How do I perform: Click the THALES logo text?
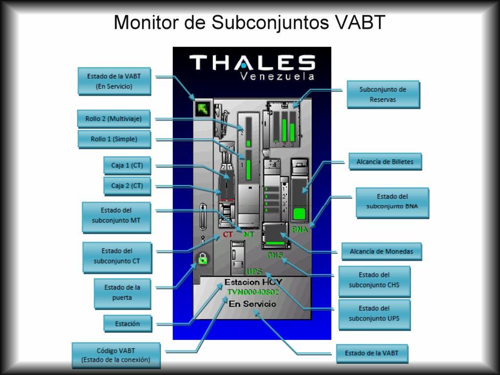[x=252, y=62]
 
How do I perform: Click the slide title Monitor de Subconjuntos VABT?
[x=250, y=22]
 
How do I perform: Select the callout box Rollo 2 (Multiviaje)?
[x=114, y=119]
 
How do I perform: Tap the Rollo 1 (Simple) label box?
[x=114, y=139]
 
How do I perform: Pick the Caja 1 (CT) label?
[x=127, y=166]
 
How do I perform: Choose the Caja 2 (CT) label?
[x=127, y=186]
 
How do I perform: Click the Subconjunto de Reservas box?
[x=383, y=94]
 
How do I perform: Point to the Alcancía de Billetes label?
[x=385, y=162]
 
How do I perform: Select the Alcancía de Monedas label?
[x=381, y=251]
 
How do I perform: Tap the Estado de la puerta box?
[x=122, y=292]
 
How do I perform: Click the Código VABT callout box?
[x=116, y=355]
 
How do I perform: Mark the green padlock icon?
[x=202, y=259]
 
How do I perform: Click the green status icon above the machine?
[x=201, y=109]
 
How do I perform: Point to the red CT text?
[x=228, y=235]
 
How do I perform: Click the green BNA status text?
[x=300, y=229]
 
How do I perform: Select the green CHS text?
[x=275, y=255]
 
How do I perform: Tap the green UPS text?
[x=254, y=271]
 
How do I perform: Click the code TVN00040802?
[x=253, y=292]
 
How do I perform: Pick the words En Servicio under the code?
[x=252, y=304]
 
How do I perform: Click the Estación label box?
[x=127, y=324]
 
